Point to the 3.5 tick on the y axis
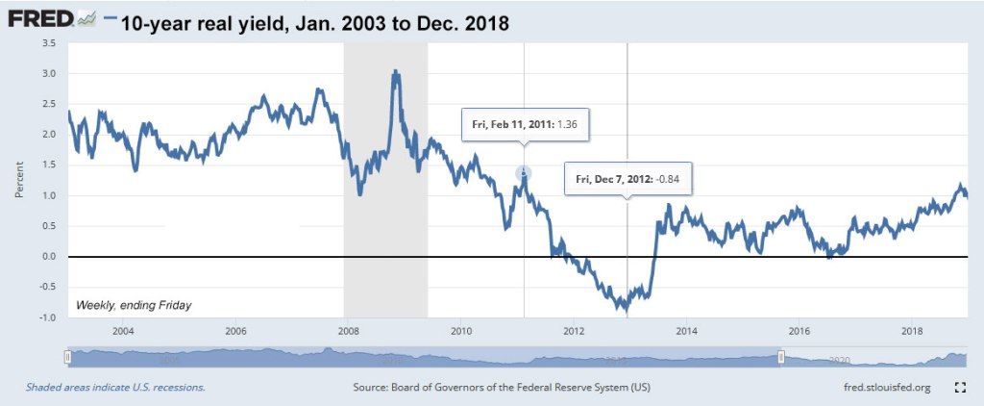tap(49, 43)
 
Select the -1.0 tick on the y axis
tap(48, 317)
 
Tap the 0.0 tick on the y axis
tap(49, 257)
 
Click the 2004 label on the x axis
tap(122, 331)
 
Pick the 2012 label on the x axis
tap(574, 331)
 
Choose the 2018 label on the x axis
tap(913, 331)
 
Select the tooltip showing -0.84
tap(627, 178)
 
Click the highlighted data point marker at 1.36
tap(524, 173)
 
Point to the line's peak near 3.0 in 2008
tap(395, 72)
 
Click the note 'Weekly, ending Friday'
tap(134, 305)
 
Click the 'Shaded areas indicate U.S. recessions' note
tap(115, 387)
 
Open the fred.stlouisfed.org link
tap(885, 387)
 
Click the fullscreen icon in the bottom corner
tap(958, 387)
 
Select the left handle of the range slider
tap(67, 358)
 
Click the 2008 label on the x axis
tap(348, 331)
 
